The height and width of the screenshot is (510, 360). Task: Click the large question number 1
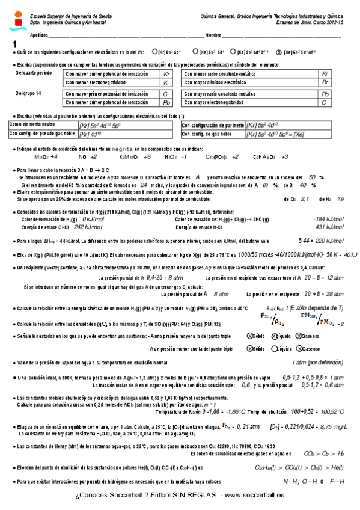tap(14, 45)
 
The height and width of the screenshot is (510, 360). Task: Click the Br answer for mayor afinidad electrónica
tap(325, 81)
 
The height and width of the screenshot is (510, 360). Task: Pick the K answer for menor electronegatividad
tap(165, 81)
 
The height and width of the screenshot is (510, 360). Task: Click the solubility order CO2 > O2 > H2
tap(325, 453)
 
